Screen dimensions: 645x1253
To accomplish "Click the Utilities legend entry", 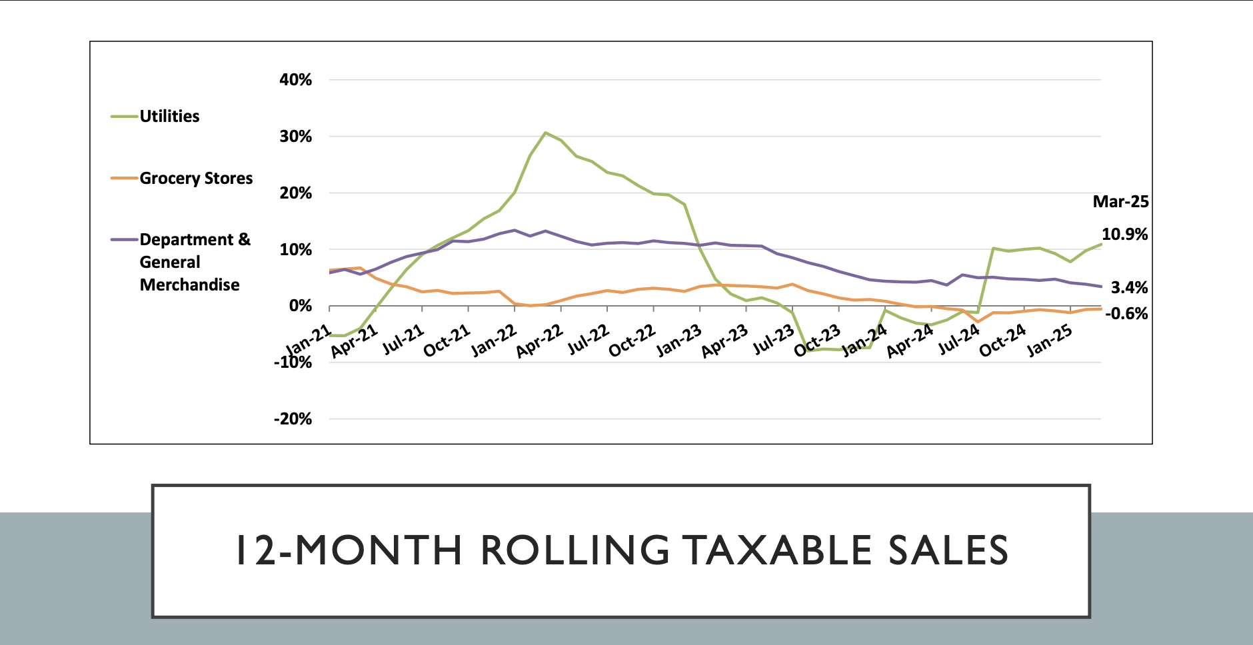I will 169,117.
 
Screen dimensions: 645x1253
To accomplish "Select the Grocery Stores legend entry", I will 196,179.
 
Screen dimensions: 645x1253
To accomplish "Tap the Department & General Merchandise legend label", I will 194,262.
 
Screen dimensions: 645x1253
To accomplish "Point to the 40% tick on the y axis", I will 295,80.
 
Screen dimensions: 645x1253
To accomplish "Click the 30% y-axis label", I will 295,137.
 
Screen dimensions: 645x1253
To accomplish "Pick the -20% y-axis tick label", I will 293,419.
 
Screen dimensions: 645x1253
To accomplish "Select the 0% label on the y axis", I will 300,306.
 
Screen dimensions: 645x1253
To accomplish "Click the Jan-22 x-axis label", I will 494,340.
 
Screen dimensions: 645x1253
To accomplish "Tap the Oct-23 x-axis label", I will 817,341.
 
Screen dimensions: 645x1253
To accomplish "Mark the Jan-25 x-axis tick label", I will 1049,340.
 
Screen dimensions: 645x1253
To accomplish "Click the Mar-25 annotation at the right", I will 1120,202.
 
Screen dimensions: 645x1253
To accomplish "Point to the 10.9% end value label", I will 1124,235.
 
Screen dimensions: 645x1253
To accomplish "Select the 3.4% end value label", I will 1129,288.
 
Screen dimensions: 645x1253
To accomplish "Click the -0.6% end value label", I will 1126,314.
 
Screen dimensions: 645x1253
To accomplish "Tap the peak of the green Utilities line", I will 545,133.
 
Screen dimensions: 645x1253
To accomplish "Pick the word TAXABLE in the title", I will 777,550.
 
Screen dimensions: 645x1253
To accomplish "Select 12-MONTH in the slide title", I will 349,550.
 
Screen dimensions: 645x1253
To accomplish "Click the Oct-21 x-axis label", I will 447,341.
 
